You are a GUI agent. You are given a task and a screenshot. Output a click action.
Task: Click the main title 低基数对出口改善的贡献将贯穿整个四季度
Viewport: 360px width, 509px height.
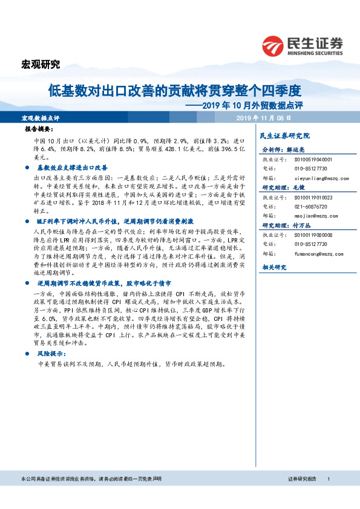click(x=175, y=91)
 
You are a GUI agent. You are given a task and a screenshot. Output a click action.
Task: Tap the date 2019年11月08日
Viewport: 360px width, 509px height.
click(x=265, y=118)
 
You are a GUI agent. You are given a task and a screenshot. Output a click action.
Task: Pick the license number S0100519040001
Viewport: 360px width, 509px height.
click(x=314, y=159)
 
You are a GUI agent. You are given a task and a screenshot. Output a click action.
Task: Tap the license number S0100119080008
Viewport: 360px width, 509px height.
click(x=314, y=234)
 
